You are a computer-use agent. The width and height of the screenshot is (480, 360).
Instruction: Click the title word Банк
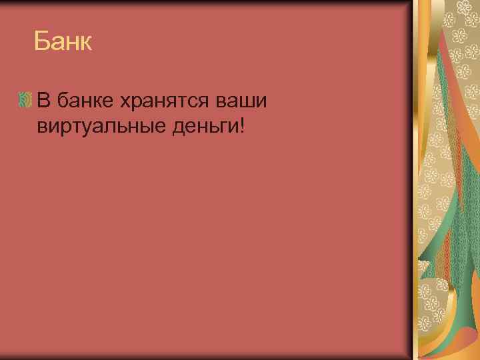tap(63, 43)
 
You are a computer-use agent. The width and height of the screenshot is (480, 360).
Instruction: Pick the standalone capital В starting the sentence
tap(44, 101)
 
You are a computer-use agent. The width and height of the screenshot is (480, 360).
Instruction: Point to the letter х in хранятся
tap(126, 103)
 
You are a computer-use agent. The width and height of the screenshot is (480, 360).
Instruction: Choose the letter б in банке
tap(63, 101)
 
